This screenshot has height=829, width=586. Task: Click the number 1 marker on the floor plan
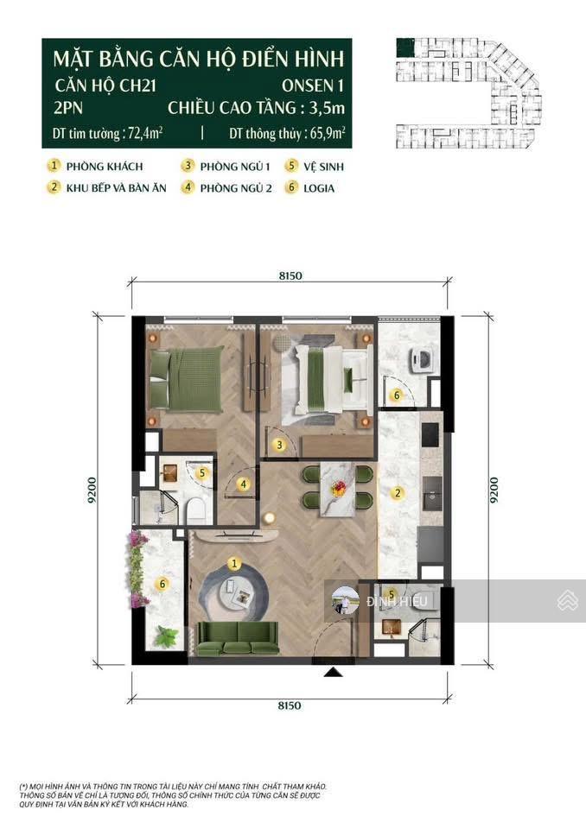click(x=233, y=563)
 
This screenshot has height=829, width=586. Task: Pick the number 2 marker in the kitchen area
click(x=398, y=493)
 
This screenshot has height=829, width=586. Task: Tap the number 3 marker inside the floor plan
click(x=279, y=446)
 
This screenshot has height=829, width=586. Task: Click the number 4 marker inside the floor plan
click(x=245, y=484)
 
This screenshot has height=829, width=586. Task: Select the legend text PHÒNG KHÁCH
click(x=108, y=166)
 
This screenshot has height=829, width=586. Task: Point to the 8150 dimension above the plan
click(x=290, y=275)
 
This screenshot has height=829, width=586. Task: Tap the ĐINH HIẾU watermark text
click(x=392, y=602)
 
